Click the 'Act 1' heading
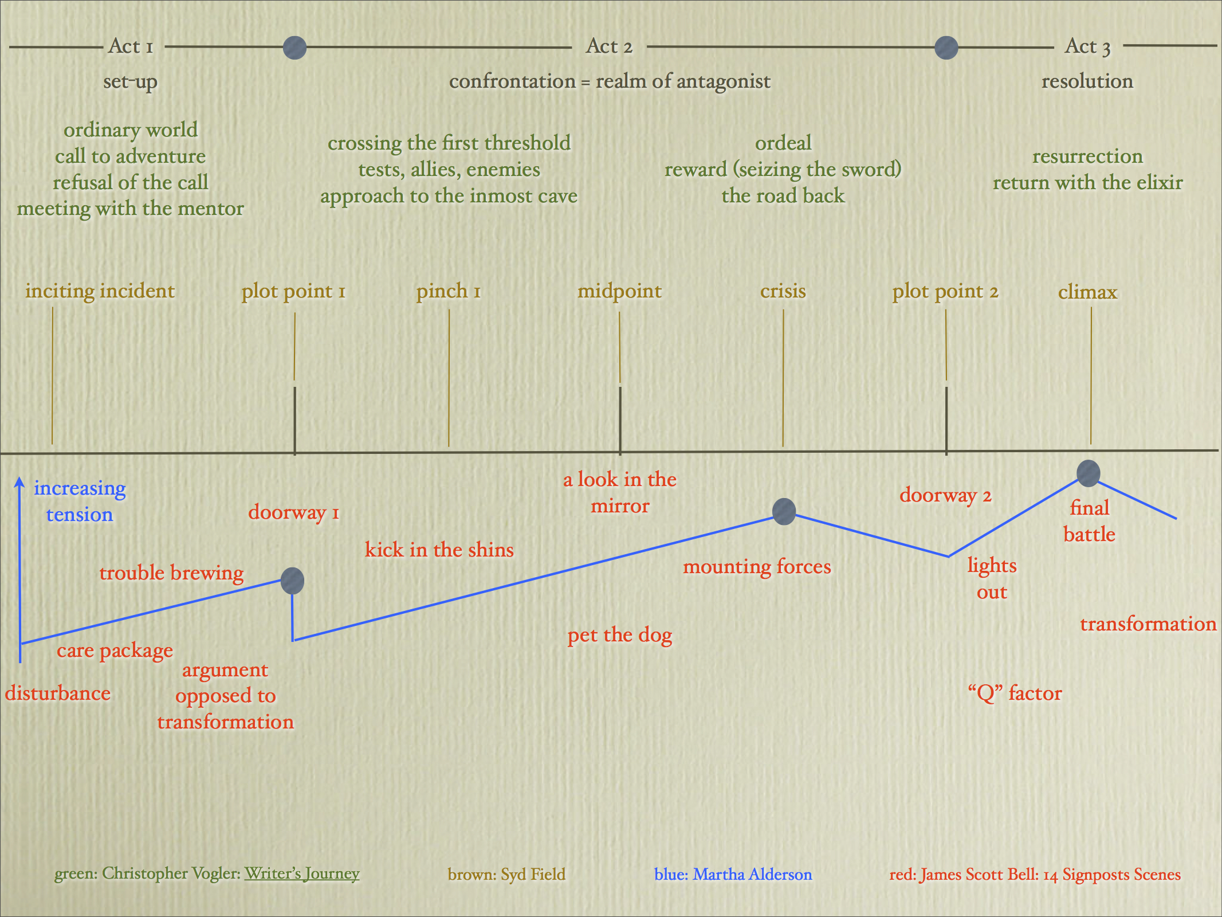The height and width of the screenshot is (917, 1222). (x=131, y=46)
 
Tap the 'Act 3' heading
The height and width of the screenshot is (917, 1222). (x=1087, y=46)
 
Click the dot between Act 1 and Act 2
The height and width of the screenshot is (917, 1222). (x=295, y=48)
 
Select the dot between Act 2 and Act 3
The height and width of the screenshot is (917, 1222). (x=946, y=48)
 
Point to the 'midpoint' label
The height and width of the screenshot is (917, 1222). (x=619, y=291)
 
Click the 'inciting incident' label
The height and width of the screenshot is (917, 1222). (x=100, y=291)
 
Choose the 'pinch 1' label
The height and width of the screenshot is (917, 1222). (x=448, y=291)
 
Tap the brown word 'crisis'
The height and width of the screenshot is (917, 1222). (x=783, y=291)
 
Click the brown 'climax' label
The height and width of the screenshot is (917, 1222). (x=1087, y=292)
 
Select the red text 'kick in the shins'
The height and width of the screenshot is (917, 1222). (x=439, y=550)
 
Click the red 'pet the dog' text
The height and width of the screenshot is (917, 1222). (x=620, y=635)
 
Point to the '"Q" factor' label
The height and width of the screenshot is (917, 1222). (x=1015, y=693)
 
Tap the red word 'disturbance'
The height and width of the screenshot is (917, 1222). (x=58, y=693)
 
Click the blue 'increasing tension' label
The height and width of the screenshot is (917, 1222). (x=80, y=501)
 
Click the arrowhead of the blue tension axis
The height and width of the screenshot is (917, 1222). (x=19, y=483)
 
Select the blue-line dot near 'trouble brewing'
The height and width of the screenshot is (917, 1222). (x=292, y=581)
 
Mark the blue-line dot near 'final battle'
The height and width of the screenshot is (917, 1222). (x=1088, y=473)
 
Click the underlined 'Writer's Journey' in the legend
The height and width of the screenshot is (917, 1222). (x=302, y=873)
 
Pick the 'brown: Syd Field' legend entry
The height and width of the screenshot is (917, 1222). (x=506, y=875)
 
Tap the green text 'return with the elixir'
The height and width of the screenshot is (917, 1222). (x=1087, y=183)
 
